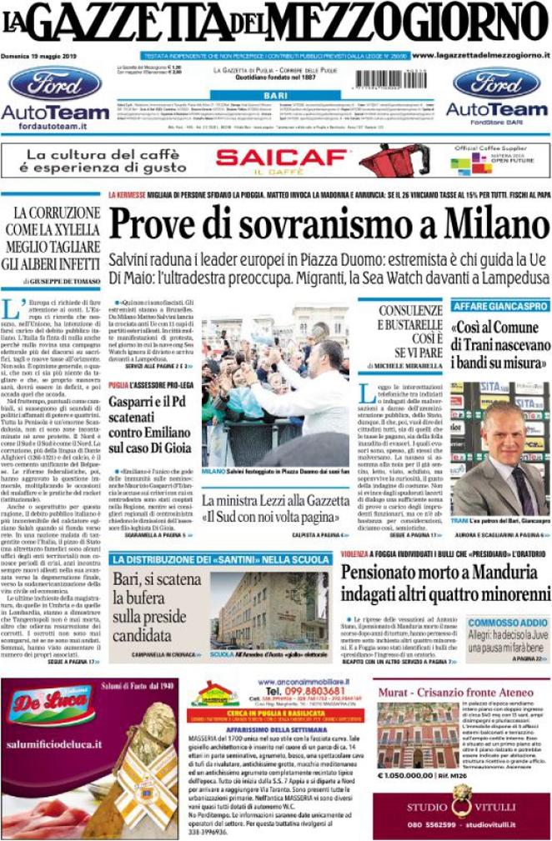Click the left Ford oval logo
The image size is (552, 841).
55,84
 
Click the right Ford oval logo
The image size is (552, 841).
496,83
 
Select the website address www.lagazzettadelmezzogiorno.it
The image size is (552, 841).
479,55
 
